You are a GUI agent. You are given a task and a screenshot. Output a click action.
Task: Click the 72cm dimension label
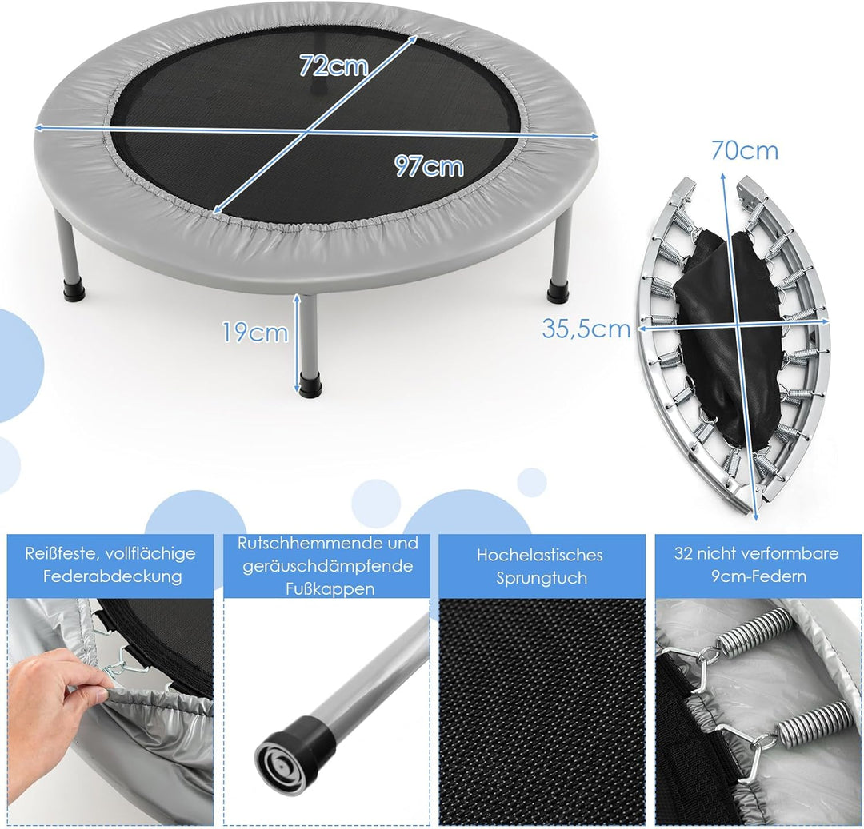click(x=334, y=66)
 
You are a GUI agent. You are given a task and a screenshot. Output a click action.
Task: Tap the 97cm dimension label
click(x=430, y=165)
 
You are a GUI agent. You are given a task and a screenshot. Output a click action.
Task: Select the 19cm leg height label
click(x=255, y=333)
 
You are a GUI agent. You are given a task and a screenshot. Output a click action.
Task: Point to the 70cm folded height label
click(x=745, y=150)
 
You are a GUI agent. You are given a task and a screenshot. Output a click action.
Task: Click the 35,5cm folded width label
click(x=586, y=329)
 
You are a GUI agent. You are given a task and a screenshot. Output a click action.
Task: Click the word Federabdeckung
click(x=113, y=576)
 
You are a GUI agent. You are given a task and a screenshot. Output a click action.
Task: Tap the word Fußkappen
click(x=330, y=589)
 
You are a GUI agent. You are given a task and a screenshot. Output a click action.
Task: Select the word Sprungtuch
click(x=542, y=578)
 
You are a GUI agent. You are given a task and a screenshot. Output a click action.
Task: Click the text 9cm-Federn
click(x=758, y=576)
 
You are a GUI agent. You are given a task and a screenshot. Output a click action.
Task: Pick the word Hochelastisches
click(x=539, y=554)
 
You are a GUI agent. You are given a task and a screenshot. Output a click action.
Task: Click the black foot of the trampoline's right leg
click(x=560, y=290)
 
